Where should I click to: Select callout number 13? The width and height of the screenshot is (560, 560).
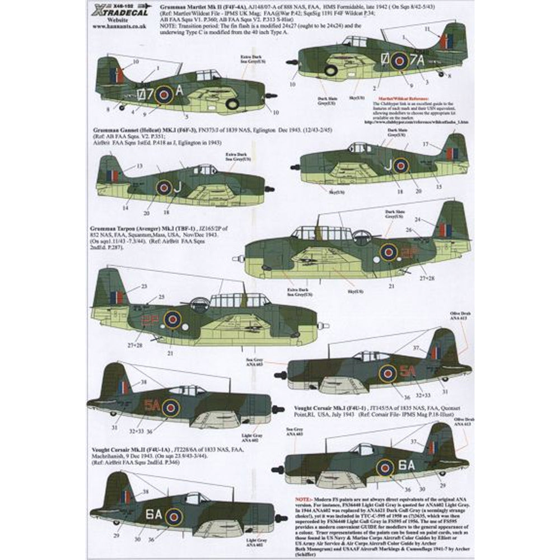[139, 166]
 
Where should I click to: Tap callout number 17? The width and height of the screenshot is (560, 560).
[426, 144]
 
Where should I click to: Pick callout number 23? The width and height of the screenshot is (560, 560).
[144, 286]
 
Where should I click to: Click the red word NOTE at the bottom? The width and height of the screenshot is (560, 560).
[304, 498]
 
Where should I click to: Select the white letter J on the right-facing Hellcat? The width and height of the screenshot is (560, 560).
[177, 188]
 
